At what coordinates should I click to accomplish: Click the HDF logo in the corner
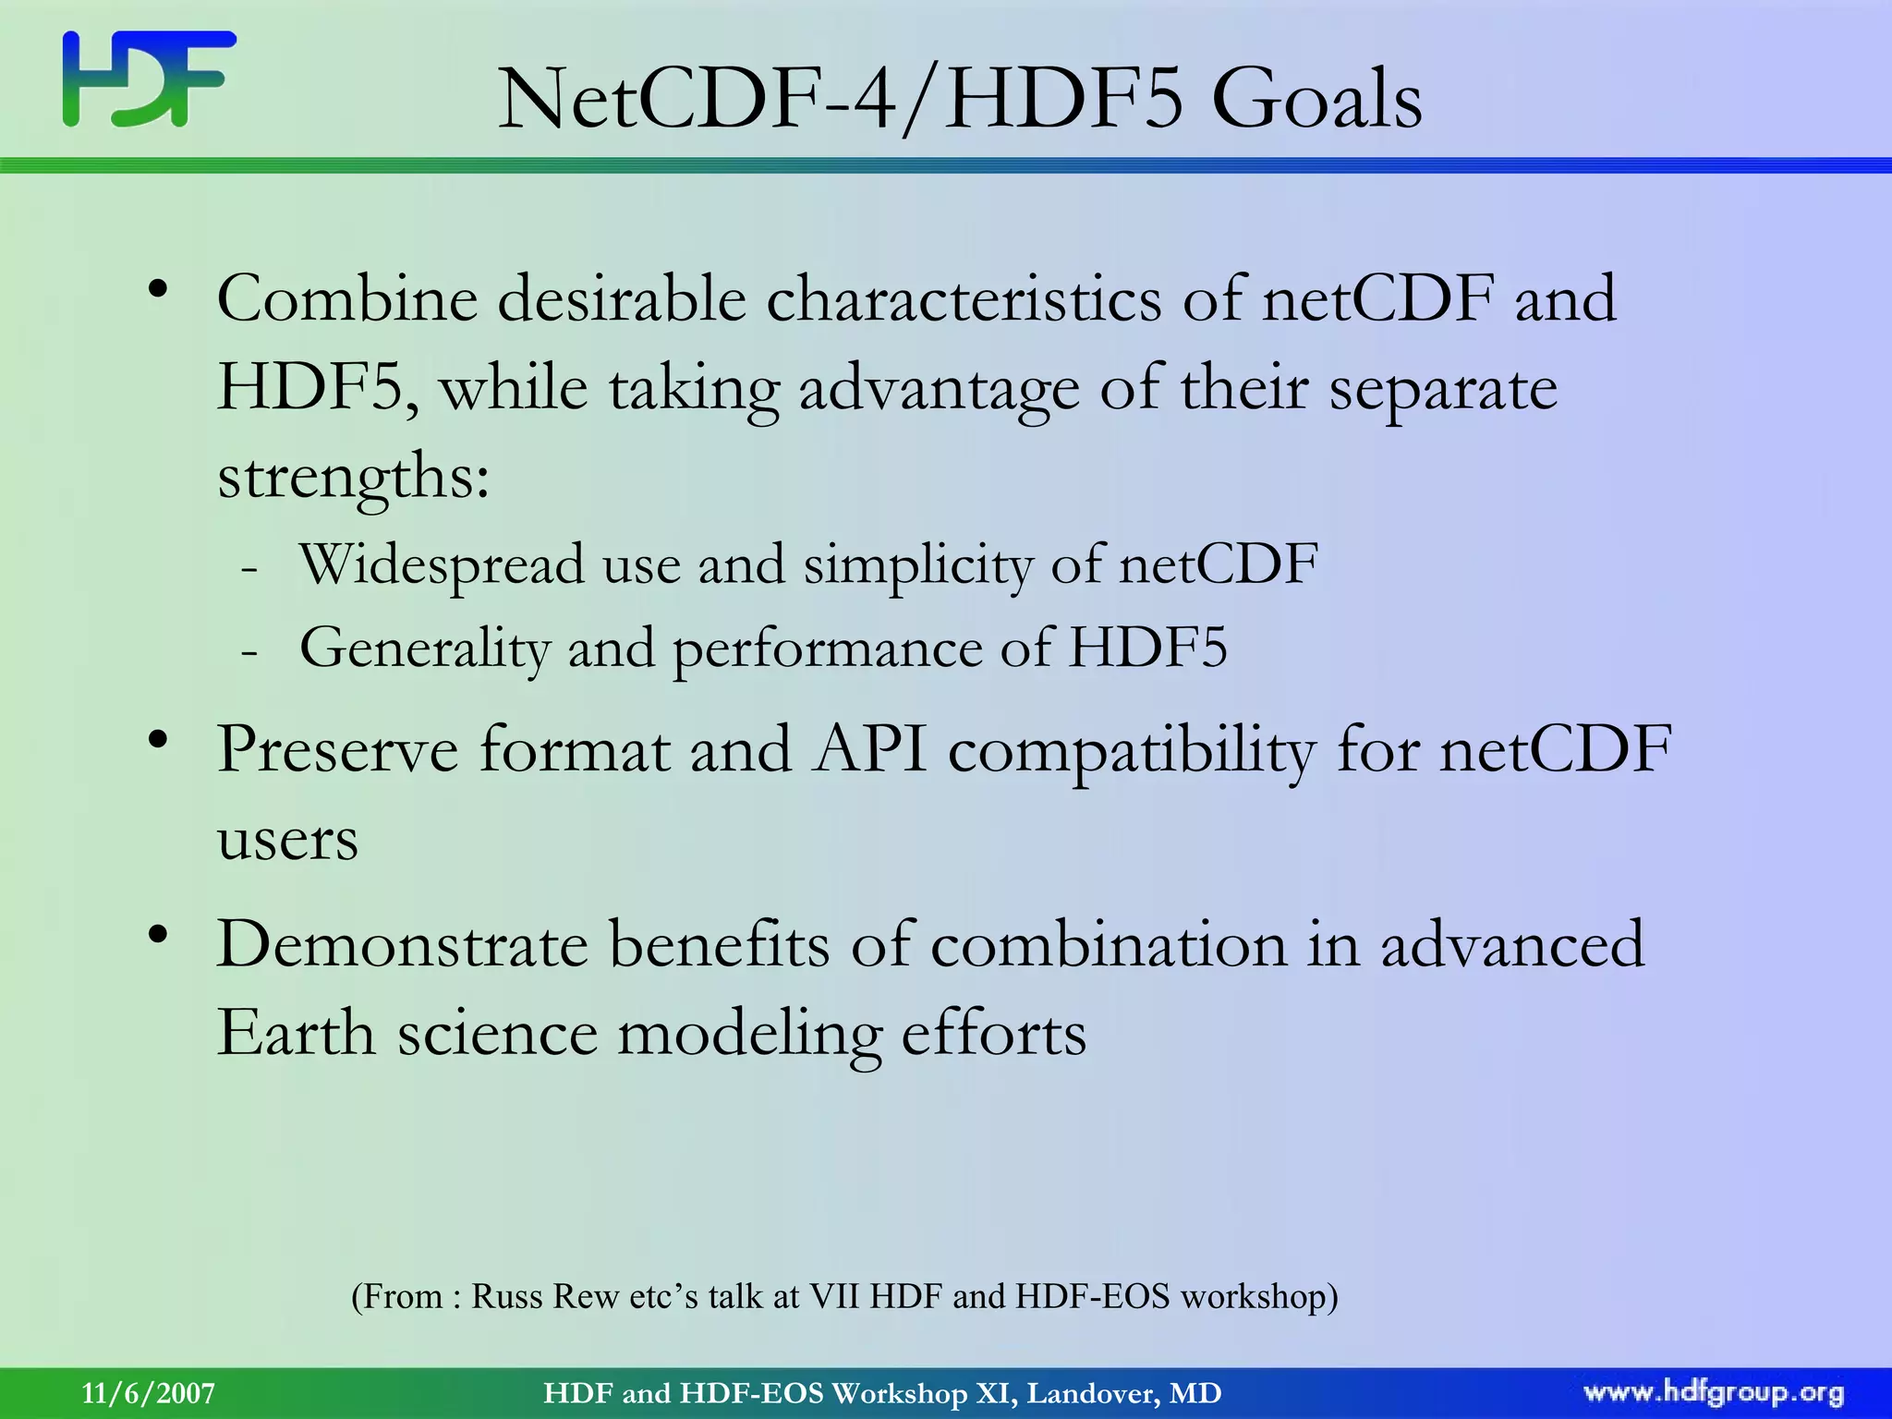tap(149, 79)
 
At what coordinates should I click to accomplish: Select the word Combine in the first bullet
tap(347, 299)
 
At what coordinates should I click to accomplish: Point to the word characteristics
tap(964, 299)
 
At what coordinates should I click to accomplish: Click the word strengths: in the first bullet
tap(353, 479)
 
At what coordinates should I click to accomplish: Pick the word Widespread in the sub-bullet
tap(442, 564)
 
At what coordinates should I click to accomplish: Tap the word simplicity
tap(916, 566)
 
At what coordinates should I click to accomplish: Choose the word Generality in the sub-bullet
tap(425, 649)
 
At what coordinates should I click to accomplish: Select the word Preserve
tap(337, 749)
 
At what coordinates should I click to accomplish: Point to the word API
tap(869, 749)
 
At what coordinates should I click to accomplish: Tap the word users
tap(287, 841)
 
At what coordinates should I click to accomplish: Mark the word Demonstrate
tap(402, 945)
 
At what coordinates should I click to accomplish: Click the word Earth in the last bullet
tap(295, 1033)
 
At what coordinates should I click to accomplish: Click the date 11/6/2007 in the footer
tap(148, 1393)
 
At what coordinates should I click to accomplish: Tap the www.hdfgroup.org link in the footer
tap(1713, 1393)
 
